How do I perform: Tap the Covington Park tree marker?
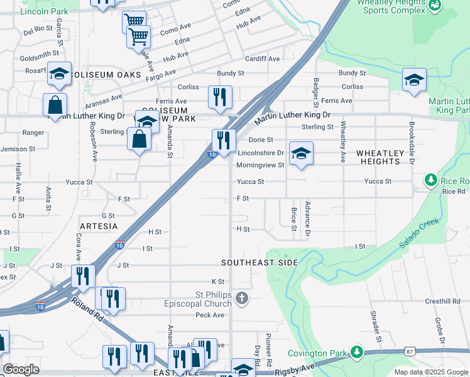click(357, 351)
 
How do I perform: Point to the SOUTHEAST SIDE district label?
click(258, 262)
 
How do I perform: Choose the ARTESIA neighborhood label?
click(99, 225)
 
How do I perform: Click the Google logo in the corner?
click(21, 369)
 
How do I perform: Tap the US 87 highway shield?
click(409, 351)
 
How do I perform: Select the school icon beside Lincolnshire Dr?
click(301, 153)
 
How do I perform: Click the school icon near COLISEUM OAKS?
click(59, 74)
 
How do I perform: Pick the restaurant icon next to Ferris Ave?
click(220, 97)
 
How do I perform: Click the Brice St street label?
click(293, 219)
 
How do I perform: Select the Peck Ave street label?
click(209, 315)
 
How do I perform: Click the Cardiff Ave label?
click(263, 59)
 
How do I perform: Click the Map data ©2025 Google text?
click(430, 372)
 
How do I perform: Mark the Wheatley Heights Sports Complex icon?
click(434, 6)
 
